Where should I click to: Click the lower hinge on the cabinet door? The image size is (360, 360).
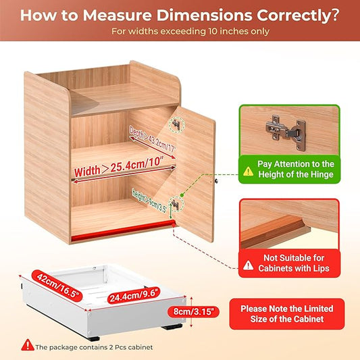[x=178, y=202]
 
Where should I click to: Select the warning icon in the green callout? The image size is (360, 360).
[x=249, y=172]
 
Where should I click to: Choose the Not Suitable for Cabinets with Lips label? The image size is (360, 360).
[x=289, y=263]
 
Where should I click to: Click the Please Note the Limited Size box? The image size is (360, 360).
[x=284, y=313]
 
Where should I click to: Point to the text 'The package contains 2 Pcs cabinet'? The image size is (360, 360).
[x=94, y=347]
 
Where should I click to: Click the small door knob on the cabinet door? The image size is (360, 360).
[x=215, y=180]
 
